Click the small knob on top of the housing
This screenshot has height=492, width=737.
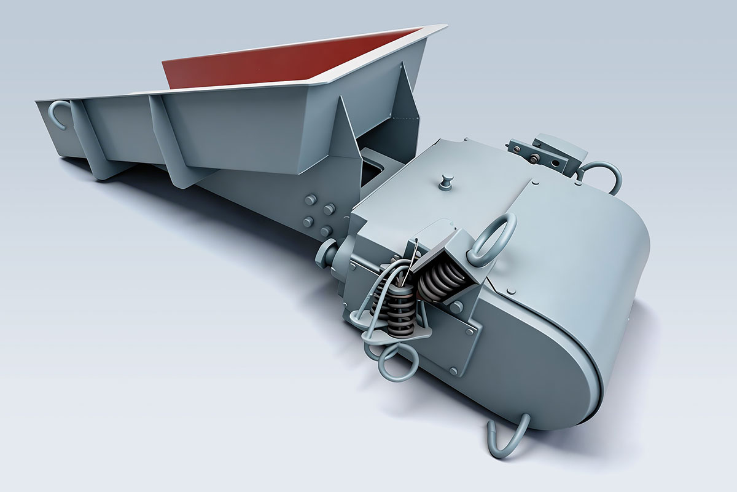[447, 181]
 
